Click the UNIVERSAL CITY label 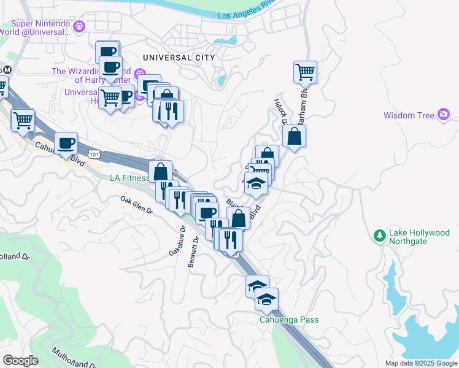[179, 57]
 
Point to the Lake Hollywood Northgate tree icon [380, 236]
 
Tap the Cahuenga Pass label [288, 320]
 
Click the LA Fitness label [129, 178]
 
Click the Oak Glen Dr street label [136, 205]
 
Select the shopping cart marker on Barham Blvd [305, 72]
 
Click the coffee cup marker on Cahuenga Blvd [66, 144]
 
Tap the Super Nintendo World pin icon [78, 27]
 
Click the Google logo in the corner [20, 361]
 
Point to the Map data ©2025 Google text [420, 363]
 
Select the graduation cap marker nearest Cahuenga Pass [266, 299]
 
